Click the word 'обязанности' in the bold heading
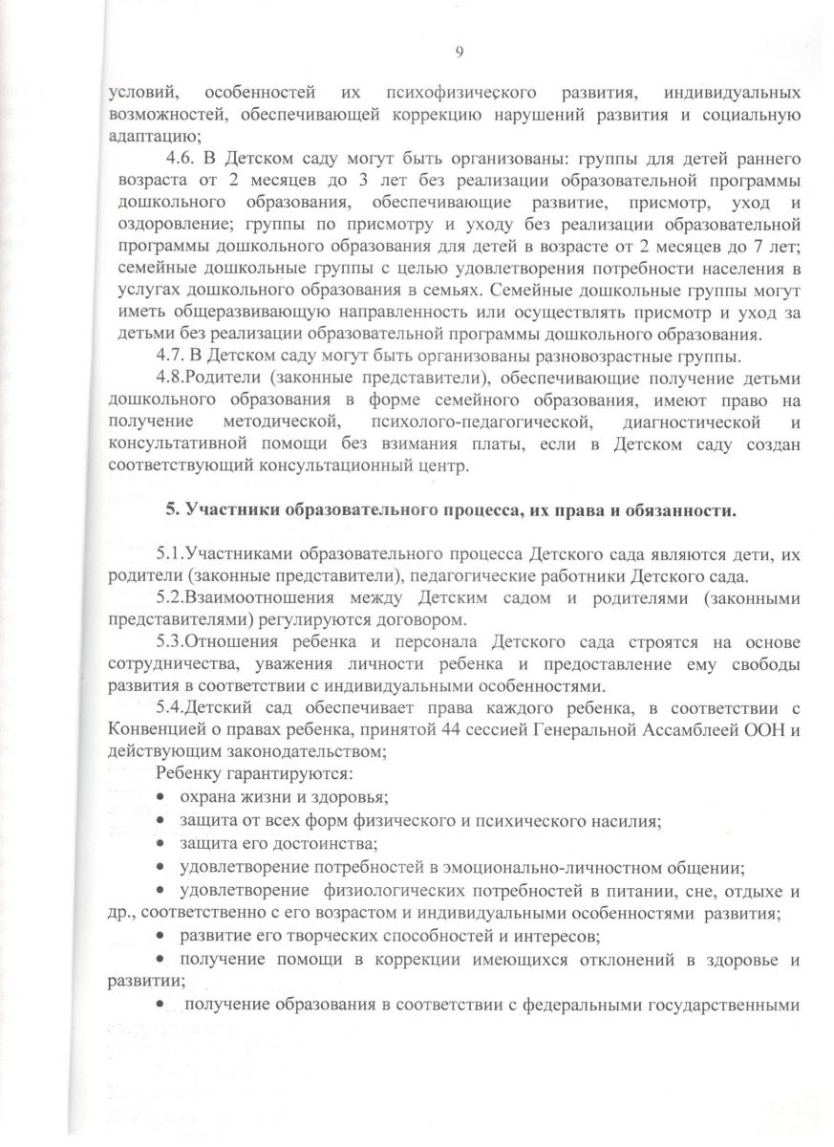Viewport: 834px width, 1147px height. [x=684, y=509]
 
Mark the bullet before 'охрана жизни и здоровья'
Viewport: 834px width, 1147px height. [x=162, y=796]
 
